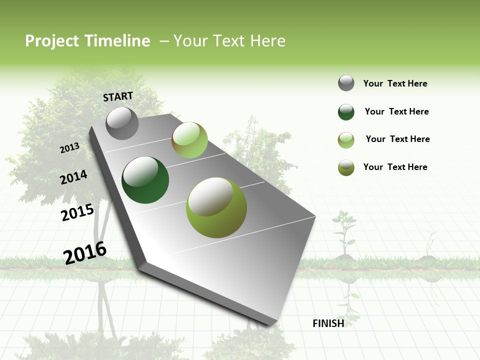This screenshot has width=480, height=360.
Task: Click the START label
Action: click(x=118, y=96)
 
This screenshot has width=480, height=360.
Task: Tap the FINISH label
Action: click(x=328, y=323)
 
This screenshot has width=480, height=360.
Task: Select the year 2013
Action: click(x=70, y=148)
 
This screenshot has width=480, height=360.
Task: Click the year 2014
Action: click(x=73, y=177)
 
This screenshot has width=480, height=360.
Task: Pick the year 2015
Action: click(x=77, y=212)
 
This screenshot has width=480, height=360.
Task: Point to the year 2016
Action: click(x=85, y=252)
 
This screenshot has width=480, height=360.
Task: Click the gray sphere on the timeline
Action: click(x=122, y=123)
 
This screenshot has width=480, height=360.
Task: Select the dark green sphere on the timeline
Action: click(x=145, y=180)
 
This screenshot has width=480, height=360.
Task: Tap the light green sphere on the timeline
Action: click(x=189, y=140)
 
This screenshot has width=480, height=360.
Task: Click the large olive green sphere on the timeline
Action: click(x=216, y=207)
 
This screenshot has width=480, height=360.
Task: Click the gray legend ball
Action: click(x=346, y=83)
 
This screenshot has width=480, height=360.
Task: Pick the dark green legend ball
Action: click(x=346, y=112)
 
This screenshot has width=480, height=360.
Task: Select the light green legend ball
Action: click(x=346, y=140)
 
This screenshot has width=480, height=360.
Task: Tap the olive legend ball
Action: click(x=346, y=167)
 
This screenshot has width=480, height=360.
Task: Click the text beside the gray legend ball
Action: click(x=395, y=83)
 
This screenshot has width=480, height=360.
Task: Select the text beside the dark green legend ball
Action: click(x=396, y=111)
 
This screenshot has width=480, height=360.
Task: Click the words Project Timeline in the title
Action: click(x=87, y=41)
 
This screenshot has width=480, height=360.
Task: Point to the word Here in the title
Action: click(x=267, y=41)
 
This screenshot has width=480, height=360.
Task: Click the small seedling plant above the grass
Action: click(x=344, y=232)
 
